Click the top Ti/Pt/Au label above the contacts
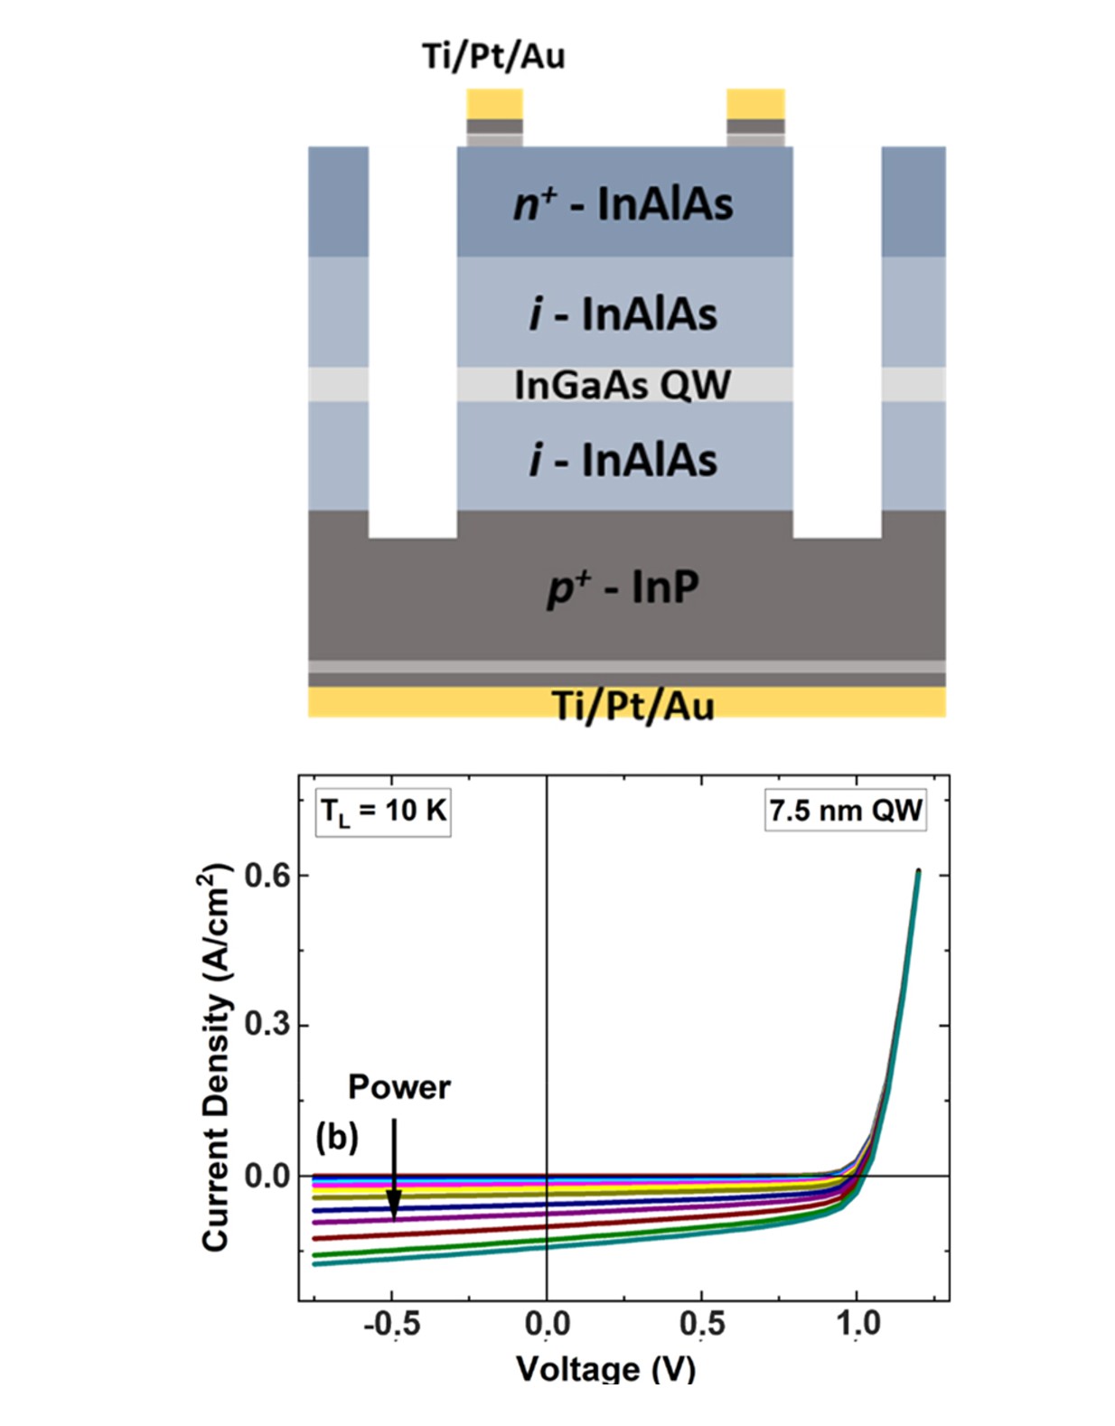pyautogui.click(x=493, y=56)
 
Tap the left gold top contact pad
pyautogui.click(x=494, y=104)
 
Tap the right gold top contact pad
pyautogui.click(x=755, y=104)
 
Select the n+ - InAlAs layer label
pyautogui.click(x=623, y=204)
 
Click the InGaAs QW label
pyautogui.click(x=623, y=385)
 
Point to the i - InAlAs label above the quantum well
pyautogui.click(x=623, y=314)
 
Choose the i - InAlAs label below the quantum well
pyautogui.click(x=623, y=460)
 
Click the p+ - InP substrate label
pyautogui.click(x=623, y=587)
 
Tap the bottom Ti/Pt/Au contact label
pyautogui.click(x=632, y=705)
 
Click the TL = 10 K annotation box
pyautogui.click(x=383, y=811)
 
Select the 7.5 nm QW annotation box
pyautogui.click(x=845, y=811)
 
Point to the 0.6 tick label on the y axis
pyautogui.click(x=267, y=876)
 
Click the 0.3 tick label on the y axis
pyautogui.click(x=267, y=1026)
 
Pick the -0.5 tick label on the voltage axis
pyautogui.click(x=391, y=1324)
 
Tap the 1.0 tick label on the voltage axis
pyautogui.click(x=857, y=1324)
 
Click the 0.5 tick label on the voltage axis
pyautogui.click(x=702, y=1324)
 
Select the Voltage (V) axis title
pyautogui.click(x=605, y=1368)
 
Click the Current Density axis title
pyautogui.click(x=216, y=1057)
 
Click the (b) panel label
pyautogui.click(x=336, y=1137)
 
